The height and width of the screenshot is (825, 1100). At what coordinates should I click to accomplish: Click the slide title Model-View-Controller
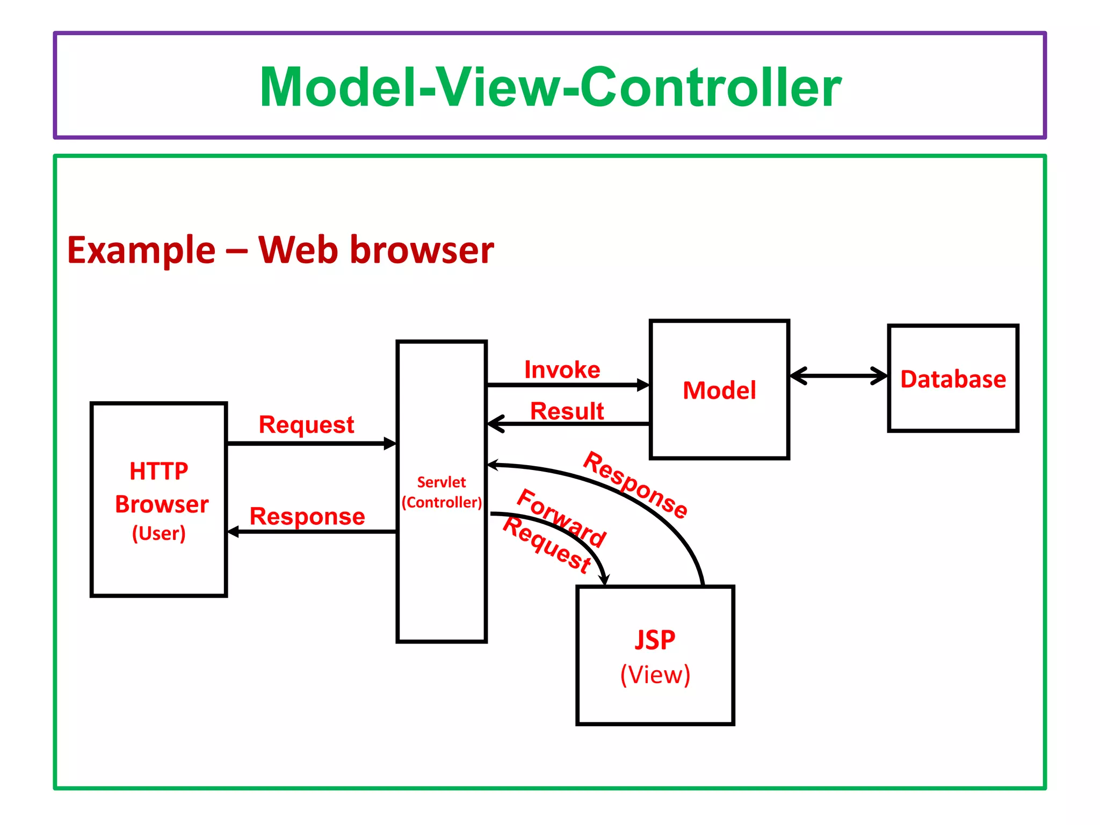click(550, 87)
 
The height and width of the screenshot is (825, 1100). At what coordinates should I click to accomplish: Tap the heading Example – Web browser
click(280, 250)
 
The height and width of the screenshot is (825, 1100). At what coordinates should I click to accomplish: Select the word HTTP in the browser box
click(159, 472)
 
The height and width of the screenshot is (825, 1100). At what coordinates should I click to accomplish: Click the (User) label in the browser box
click(159, 533)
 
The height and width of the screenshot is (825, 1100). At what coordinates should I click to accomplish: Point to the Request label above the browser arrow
click(306, 425)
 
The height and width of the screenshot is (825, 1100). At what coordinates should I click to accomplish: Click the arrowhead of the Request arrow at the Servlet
click(390, 444)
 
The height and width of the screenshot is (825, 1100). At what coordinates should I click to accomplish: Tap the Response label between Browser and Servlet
click(307, 517)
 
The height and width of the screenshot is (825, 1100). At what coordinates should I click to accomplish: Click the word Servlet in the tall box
click(442, 482)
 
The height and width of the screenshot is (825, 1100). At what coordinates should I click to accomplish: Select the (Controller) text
click(442, 503)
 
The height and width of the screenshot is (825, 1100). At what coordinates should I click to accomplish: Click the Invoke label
click(562, 370)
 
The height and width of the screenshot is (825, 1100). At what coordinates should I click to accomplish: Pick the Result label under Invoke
click(567, 411)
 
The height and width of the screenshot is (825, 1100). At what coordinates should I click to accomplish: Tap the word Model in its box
click(719, 390)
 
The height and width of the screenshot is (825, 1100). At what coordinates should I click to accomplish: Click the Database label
click(953, 379)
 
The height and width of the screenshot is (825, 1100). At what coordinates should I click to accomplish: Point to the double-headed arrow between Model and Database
click(838, 376)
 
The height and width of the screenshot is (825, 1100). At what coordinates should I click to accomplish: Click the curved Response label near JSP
click(635, 485)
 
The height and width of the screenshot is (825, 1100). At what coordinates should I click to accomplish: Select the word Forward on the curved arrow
click(561, 518)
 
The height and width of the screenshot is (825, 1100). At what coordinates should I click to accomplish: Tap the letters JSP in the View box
click(655, 640)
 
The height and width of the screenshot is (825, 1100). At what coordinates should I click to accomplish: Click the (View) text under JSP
click(655, 675)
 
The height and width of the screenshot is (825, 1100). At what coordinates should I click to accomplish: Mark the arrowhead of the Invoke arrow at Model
click(643, 385)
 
